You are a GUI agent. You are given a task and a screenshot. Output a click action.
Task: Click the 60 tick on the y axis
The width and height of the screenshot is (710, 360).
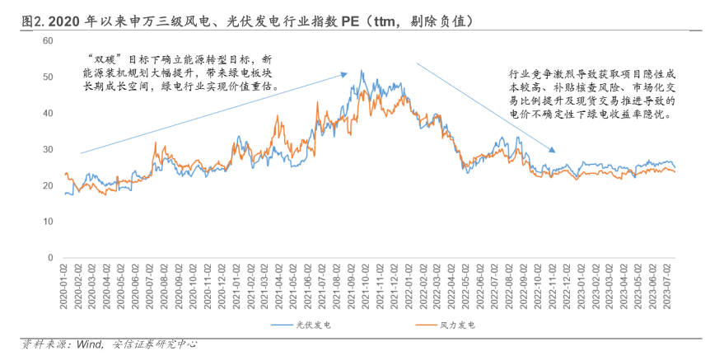tap(48, 40)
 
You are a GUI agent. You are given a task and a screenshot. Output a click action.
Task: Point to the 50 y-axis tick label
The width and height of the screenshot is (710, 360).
tap(48, 77)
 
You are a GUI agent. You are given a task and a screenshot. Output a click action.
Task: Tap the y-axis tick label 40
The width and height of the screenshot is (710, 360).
tap(48, 113)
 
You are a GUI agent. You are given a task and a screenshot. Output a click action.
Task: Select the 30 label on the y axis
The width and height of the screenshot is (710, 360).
tap(48, 149)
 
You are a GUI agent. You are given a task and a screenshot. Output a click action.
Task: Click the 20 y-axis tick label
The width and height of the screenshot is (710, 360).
tap(48, 185)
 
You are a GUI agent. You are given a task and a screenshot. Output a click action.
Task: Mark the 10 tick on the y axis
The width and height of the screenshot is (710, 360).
tap(48, 222)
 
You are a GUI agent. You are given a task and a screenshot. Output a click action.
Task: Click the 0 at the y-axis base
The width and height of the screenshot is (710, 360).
tap(50, 258)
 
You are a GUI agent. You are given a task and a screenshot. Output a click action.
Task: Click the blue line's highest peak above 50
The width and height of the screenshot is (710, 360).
tap(362, 71)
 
